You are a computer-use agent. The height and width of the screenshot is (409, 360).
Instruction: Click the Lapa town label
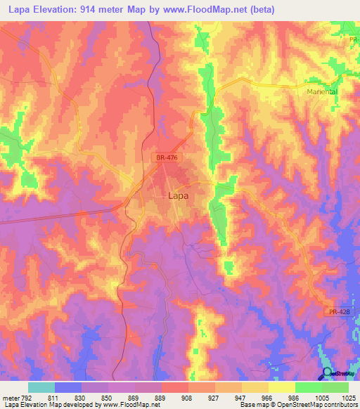coord(177,197)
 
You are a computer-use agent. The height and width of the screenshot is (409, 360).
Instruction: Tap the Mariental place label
coord(321,91)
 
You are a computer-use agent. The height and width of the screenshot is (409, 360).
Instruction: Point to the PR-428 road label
coord(339,311)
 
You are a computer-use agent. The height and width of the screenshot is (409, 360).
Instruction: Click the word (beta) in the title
coord(259,9)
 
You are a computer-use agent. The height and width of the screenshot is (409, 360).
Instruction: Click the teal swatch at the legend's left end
coord(41,387)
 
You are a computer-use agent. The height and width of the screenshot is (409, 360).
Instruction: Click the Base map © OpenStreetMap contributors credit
coord(298,404)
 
